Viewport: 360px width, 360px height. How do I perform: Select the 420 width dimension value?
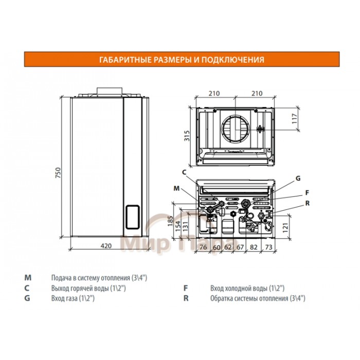click(x=105, y=246)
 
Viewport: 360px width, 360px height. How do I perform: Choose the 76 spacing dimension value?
click(x=203, y=247)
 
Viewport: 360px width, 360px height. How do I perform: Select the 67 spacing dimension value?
click(x=240, y=247)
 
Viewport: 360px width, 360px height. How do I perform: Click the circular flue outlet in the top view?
click(x=236, y=128)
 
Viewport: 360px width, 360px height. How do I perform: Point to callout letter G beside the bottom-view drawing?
click(x=297, y=178)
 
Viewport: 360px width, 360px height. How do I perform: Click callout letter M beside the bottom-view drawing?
click(x=176, y=189)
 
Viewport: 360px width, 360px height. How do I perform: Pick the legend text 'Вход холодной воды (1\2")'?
click(x=247, y=289)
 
